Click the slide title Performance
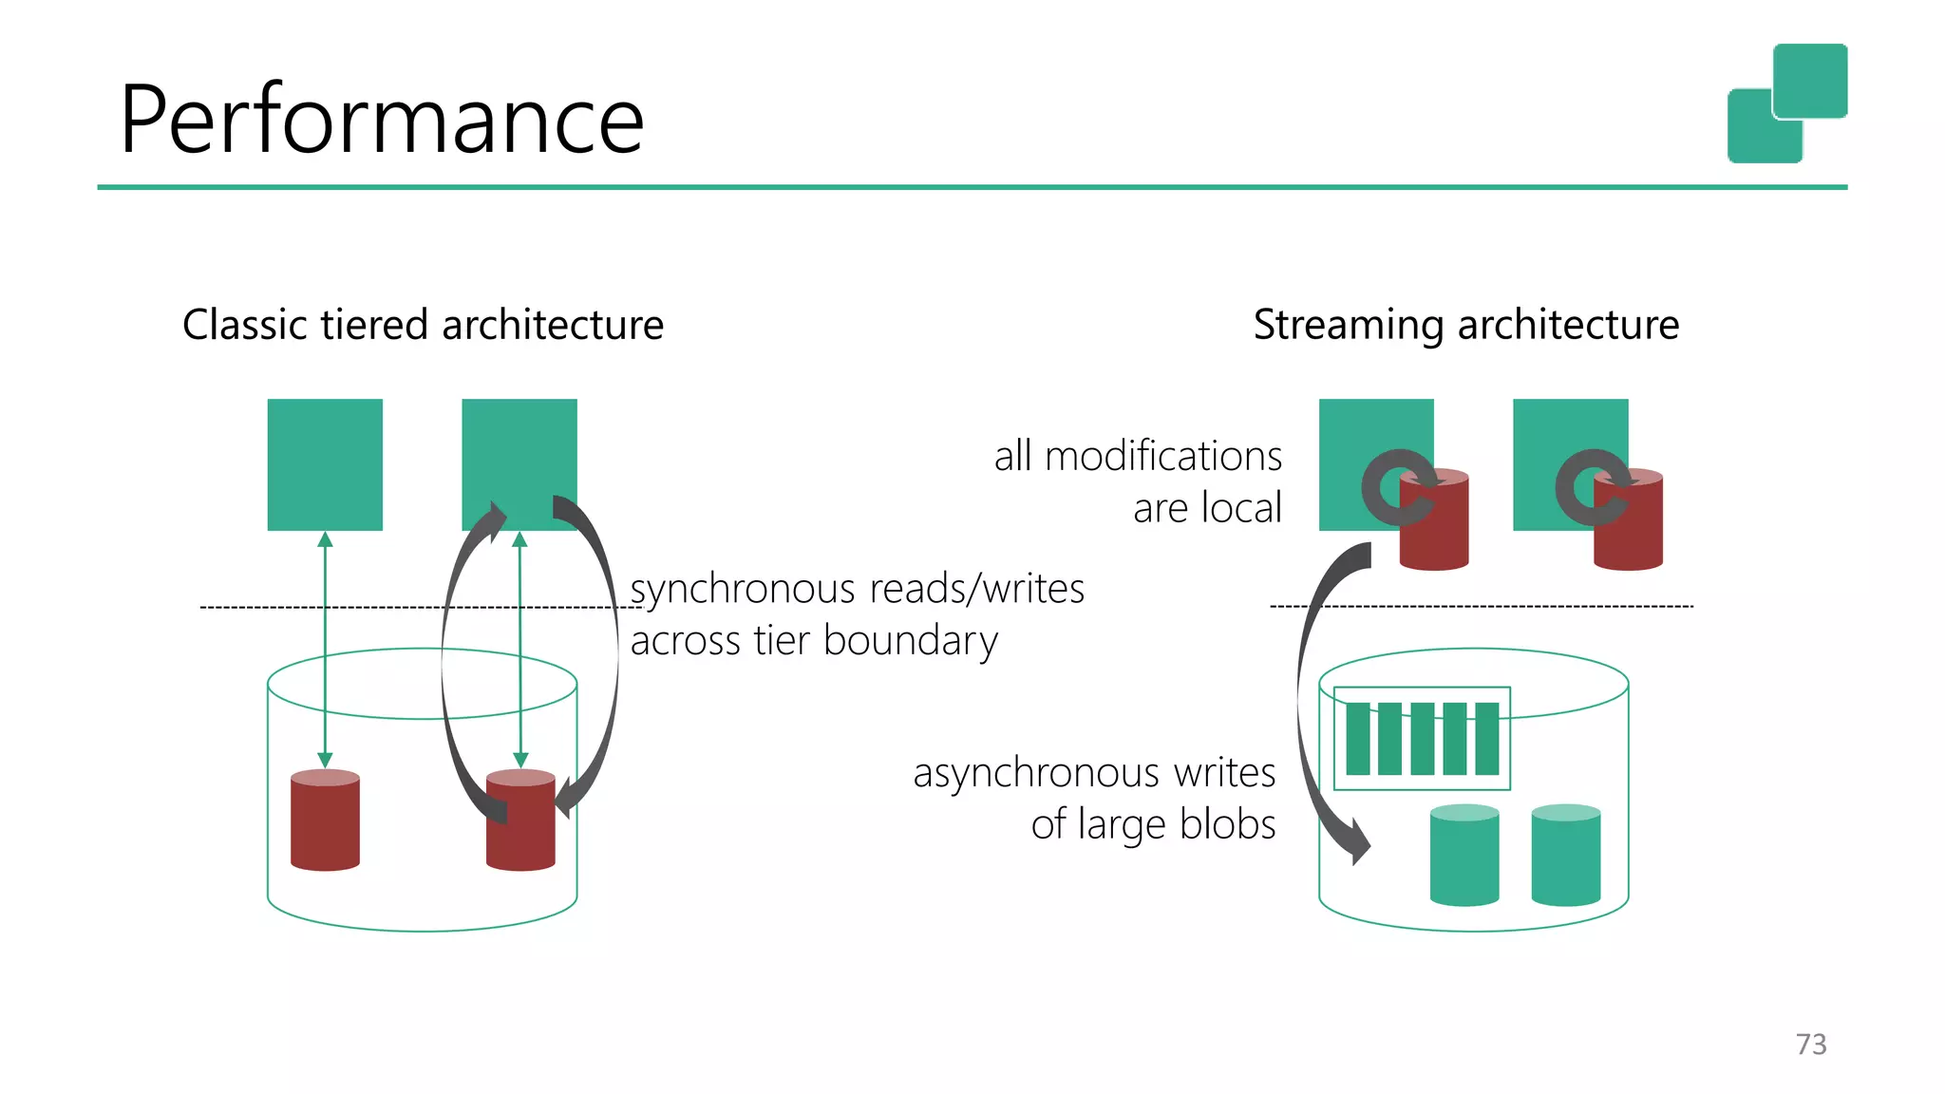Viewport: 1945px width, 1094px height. click(382, 120)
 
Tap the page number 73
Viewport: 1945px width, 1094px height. click(1810, 1044)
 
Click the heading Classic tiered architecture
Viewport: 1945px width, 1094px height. click(423, 325)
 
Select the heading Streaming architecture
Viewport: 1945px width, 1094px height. click(1465, 325)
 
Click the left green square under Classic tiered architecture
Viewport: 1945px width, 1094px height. click(325, 463)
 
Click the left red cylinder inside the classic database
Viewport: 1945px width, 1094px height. click(325, 820)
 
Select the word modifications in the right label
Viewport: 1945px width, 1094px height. click(1162, 457)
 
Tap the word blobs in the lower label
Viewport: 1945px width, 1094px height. click(1227, 824)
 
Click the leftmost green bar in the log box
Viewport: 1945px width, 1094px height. click(1358, 739)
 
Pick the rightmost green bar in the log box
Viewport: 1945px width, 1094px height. click(1487, 739)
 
